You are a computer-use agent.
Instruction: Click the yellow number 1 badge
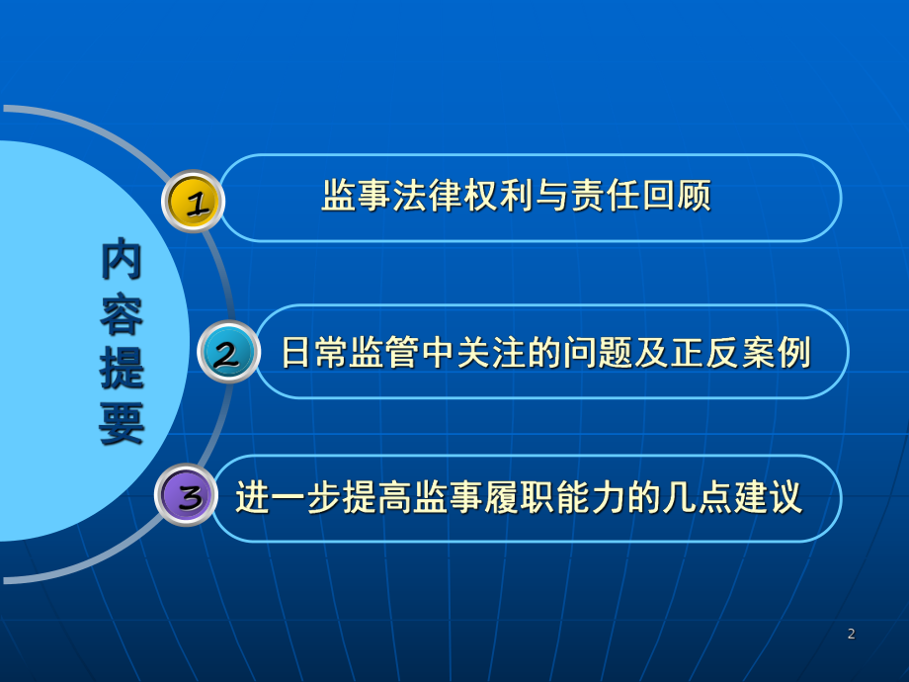(194, 202)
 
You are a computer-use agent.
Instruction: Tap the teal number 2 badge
(228, 352)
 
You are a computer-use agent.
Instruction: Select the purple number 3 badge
(187, 496)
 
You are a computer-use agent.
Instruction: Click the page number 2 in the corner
(851, 634)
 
